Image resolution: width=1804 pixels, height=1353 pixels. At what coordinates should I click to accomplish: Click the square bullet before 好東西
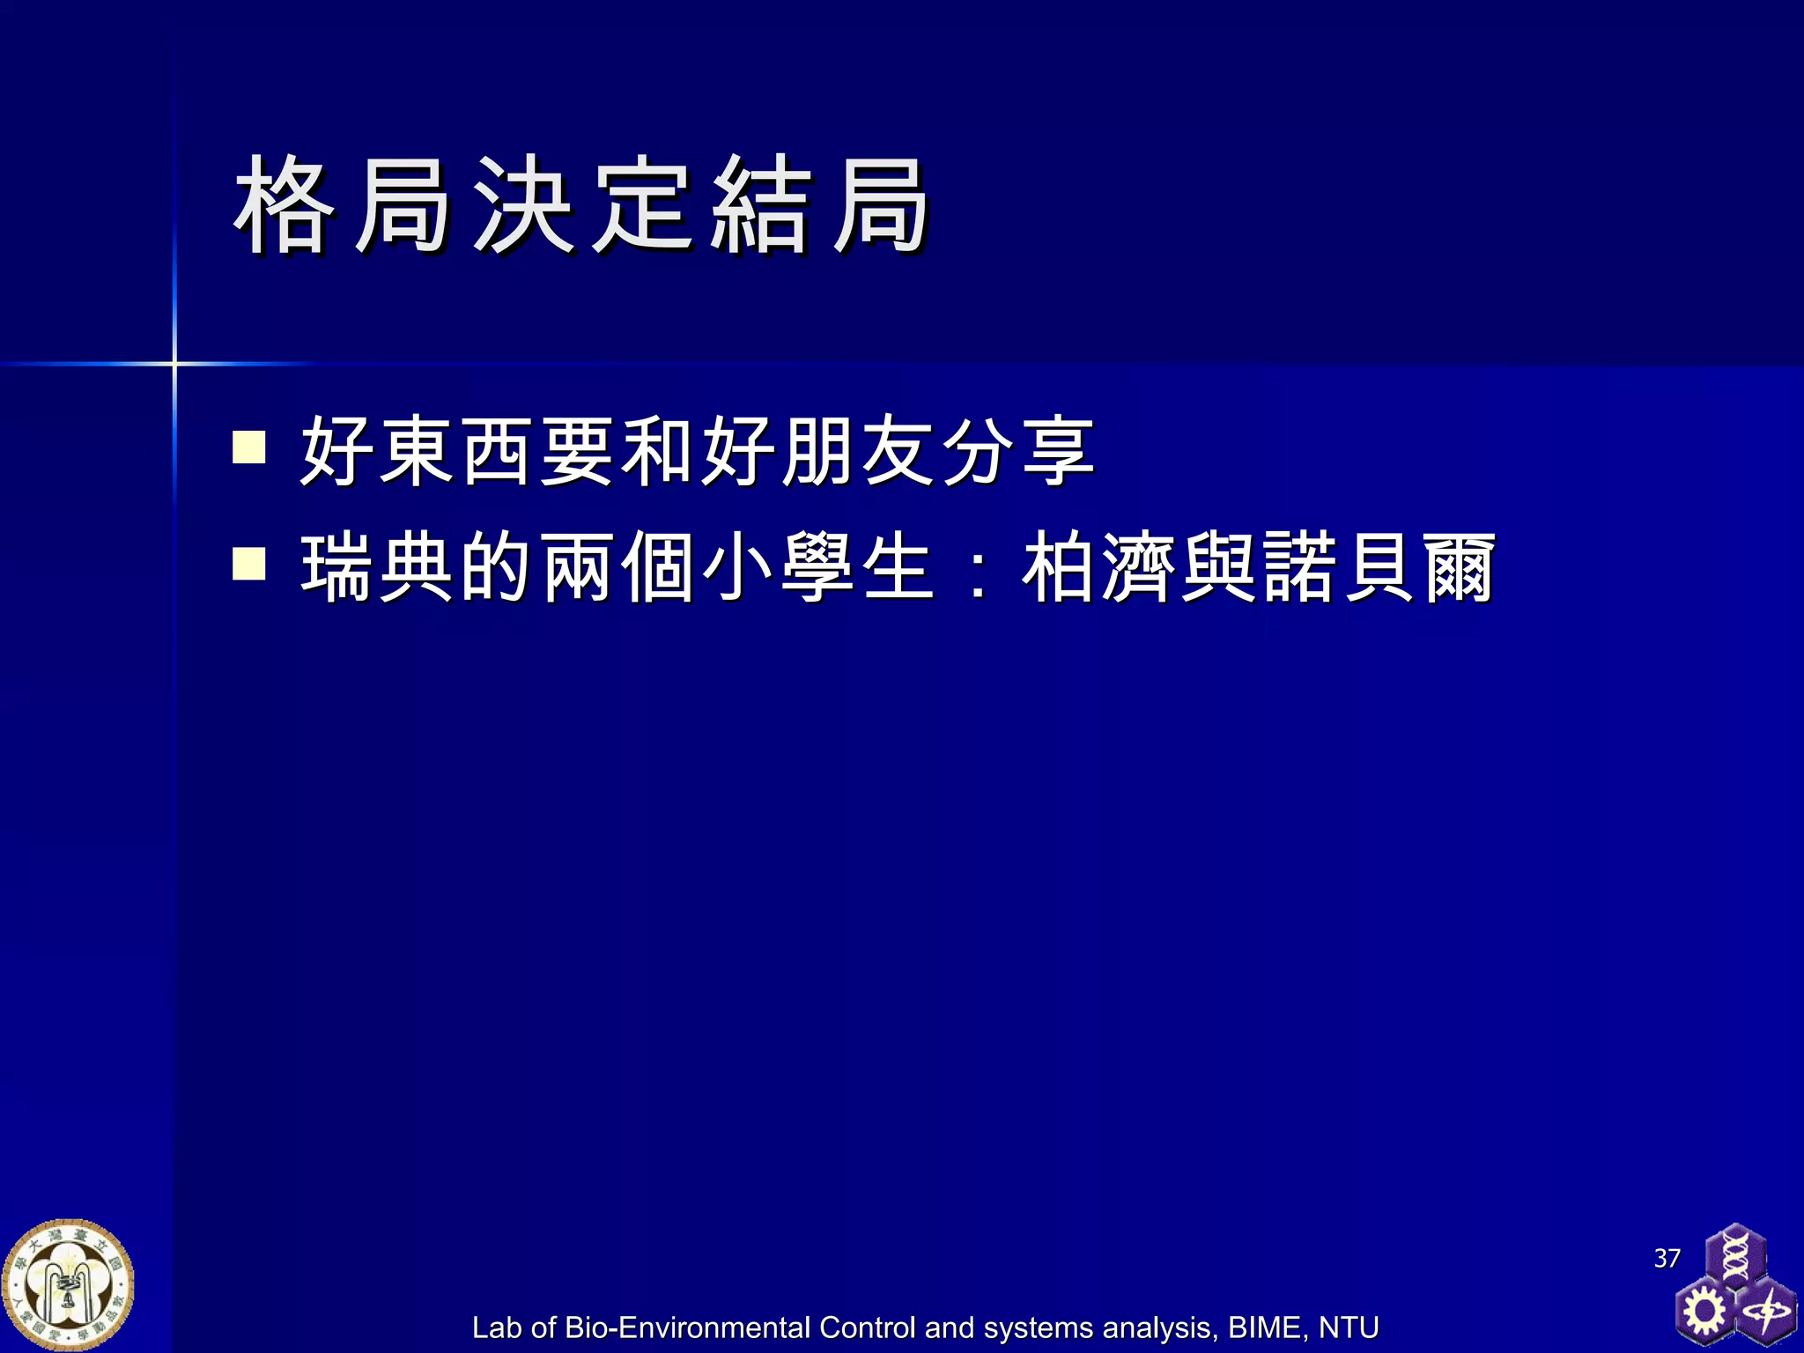249,447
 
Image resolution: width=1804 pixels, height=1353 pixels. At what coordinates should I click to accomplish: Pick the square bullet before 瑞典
249,564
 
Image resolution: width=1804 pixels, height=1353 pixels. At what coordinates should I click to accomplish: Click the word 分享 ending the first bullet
1018,450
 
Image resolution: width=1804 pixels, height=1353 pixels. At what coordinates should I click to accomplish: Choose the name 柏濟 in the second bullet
1098,567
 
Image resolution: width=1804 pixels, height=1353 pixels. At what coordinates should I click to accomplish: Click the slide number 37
1667,1258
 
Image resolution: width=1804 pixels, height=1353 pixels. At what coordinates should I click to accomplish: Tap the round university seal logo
68,1285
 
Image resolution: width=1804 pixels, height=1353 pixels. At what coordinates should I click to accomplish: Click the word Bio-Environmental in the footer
687,1327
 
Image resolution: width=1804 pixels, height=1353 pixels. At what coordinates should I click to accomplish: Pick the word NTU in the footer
1348,1327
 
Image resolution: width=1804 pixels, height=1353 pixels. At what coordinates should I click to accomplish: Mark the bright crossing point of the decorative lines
174,363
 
